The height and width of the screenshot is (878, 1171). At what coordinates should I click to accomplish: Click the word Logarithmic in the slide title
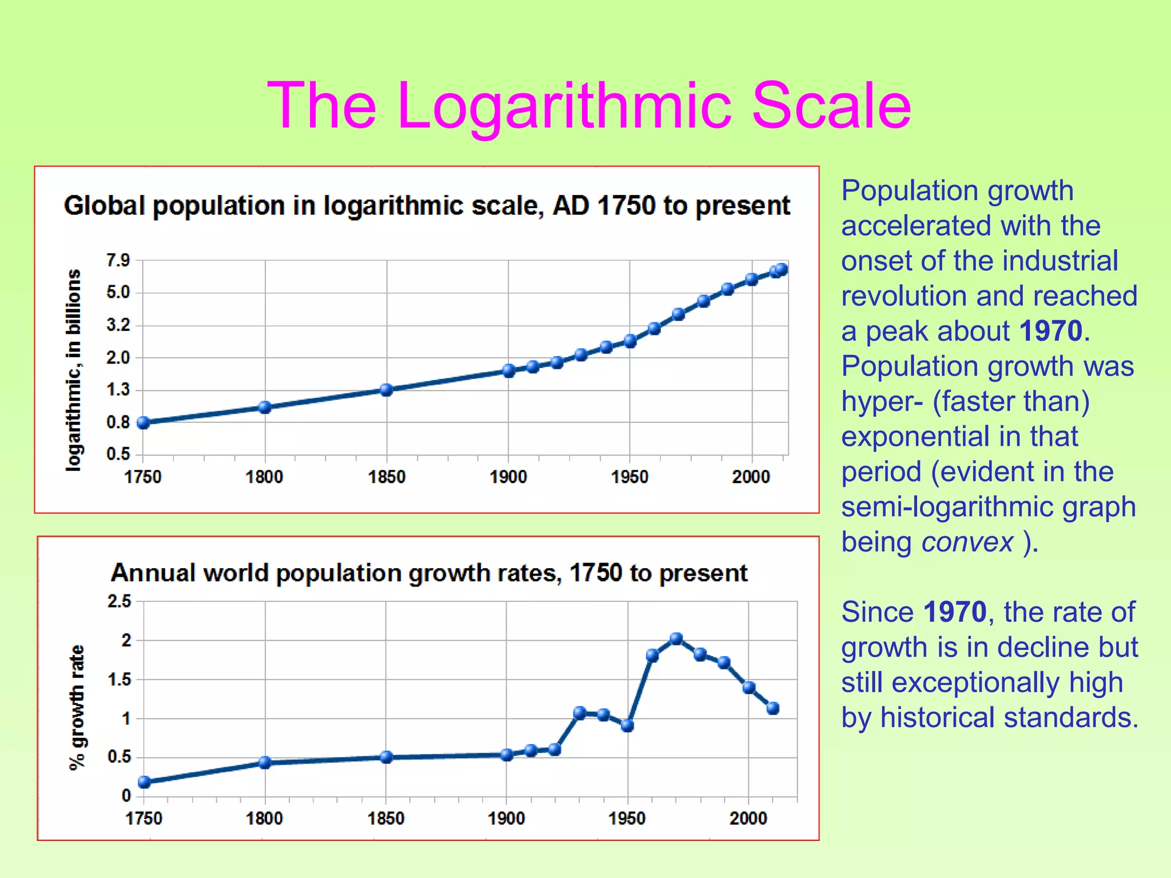[563, 107]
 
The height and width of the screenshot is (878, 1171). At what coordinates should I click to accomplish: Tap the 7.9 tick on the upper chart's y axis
[118, 261]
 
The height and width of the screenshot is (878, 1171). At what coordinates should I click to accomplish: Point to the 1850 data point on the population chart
[387, 390]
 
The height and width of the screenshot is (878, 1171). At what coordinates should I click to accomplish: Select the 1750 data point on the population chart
[144, 422]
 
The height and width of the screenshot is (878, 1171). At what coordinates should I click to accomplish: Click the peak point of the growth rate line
[676, 638]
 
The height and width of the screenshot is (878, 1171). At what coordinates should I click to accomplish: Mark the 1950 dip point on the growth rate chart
[627, 725]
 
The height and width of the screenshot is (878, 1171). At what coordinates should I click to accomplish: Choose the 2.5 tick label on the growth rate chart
[120, 601]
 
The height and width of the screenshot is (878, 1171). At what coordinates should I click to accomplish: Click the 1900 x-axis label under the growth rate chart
[506, 819]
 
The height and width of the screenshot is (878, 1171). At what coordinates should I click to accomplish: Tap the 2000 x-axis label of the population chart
[751, 477]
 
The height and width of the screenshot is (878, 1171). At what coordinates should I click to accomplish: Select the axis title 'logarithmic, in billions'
[74, 370]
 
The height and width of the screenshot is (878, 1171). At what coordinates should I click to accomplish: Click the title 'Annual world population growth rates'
[429, 573]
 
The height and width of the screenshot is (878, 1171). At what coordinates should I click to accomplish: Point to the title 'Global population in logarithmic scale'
[427, 206]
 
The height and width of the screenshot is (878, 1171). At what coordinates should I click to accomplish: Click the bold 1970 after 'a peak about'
[1050, 331]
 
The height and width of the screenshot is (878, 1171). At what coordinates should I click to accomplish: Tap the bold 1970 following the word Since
[955, 612]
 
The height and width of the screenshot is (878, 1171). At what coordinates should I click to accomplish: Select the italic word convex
[967, 542]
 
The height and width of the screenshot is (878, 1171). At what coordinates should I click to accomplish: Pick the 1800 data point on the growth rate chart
[265, 762]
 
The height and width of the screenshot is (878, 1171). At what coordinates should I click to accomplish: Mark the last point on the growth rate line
[772, 708]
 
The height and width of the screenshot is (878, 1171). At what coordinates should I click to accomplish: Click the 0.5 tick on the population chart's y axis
[118, 454]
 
